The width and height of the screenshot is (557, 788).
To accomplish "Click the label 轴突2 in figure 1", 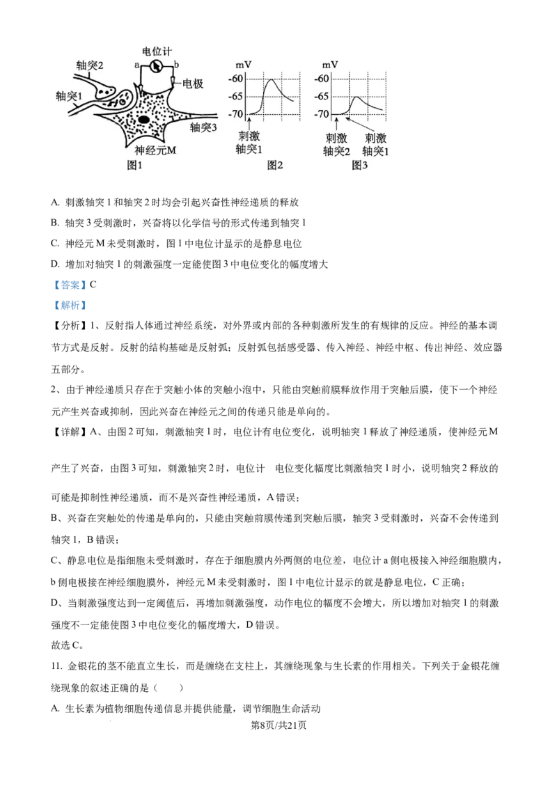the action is click(x=90, y=65).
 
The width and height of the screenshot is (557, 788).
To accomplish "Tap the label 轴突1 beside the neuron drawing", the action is click(x=69, y=95).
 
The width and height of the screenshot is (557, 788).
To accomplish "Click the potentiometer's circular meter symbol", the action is click(x=157, y=66).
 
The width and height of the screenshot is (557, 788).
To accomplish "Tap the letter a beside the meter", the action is click(x=137, y=65).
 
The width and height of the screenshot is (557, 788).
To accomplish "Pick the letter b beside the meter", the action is click(x=176, y=65).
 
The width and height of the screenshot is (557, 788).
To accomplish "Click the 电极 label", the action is click(x=193, y=84).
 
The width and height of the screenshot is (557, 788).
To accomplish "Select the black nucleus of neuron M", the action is click(x=143, y=120).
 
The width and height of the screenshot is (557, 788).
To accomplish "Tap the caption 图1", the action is click(x=134, y=165).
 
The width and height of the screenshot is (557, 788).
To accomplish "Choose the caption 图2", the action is click(x=276, y=165).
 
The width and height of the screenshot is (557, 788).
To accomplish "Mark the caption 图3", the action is click(x=359, y=165).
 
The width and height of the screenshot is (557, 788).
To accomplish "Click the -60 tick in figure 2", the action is click(x=237, y=79).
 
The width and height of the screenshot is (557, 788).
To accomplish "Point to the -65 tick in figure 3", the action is click(x=321, y=96).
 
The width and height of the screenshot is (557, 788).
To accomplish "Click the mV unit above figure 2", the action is click(x=244, y=65).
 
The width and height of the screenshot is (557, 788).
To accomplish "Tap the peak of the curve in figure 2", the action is click(x=272, y=80).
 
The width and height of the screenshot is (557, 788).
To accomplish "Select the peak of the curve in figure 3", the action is click(x=356, y=97).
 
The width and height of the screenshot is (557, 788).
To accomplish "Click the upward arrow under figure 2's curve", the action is click(x=249, y=122).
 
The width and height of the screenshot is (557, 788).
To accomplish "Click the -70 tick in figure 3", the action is click(x=321, y=113).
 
